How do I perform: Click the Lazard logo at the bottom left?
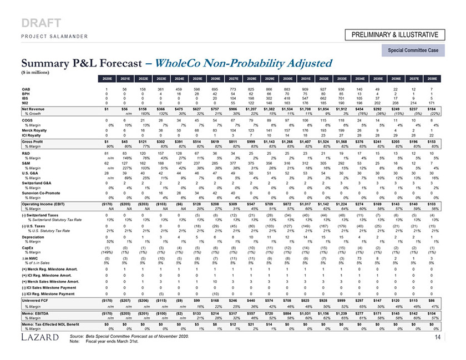coord(40,337)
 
